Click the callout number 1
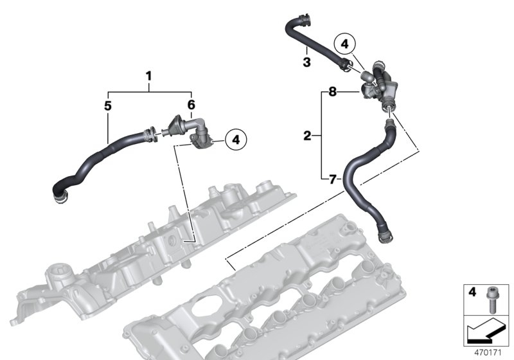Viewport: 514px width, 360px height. click(x=149, y=76)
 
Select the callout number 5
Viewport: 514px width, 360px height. click(x=108, y=106)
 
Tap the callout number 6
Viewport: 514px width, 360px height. click(x=191, y=105)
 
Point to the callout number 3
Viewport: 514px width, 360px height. click(x=307, y=62)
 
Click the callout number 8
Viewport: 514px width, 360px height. click(x=332, y=92)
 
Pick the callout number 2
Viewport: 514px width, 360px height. click(x=307, y=136)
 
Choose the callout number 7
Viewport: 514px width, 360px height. click(x=332, y=179)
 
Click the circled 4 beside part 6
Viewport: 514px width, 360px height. click(x=236, y=140)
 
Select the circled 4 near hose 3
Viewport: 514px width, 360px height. click(x=344, y=44)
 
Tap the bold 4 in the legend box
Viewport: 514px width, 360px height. click(x=472, y=292)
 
